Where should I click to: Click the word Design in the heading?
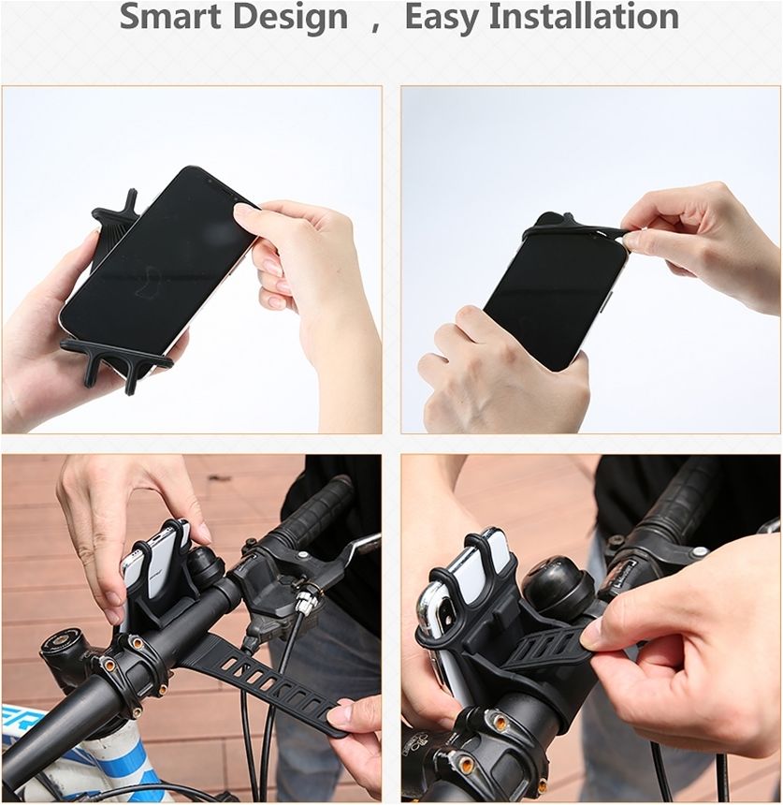[290, 18]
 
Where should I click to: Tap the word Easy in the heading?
[442, 18]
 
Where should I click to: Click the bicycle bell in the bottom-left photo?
[205, 567]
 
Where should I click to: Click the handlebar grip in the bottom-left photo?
[314, 505]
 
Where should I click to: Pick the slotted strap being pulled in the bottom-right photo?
[544, 648]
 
